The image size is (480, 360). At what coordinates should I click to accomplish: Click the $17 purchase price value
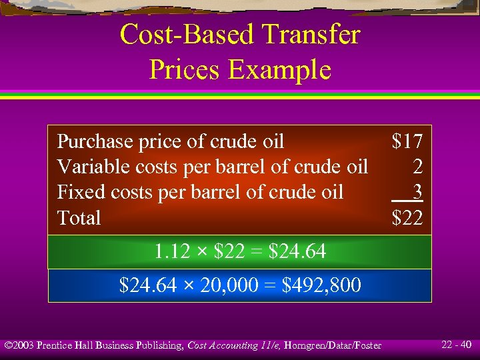[x=407, y=141]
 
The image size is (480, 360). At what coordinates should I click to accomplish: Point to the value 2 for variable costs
[x=417, y=167]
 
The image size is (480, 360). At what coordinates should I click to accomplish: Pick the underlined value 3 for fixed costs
[x=417, y=192]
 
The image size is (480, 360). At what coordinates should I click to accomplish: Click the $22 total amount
[x=407, y=218]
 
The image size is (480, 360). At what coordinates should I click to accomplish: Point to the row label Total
[x=79, y=218]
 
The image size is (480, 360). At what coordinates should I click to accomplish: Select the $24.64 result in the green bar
[x=297, y=252]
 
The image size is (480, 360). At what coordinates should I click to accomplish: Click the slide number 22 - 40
[x=457, y=345]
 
